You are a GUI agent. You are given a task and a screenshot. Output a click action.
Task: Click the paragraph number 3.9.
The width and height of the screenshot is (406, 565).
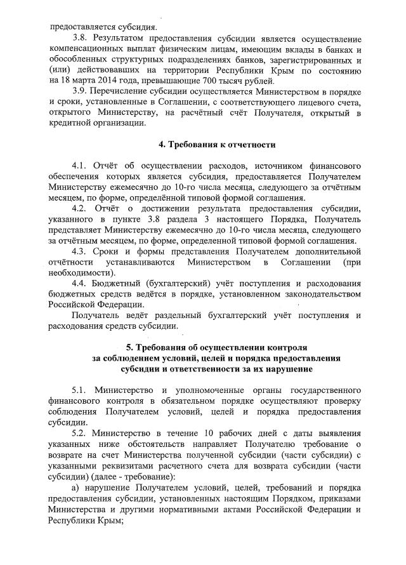click(81, 92)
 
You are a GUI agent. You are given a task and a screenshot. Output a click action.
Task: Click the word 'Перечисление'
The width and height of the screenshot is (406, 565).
click(126, 92)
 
